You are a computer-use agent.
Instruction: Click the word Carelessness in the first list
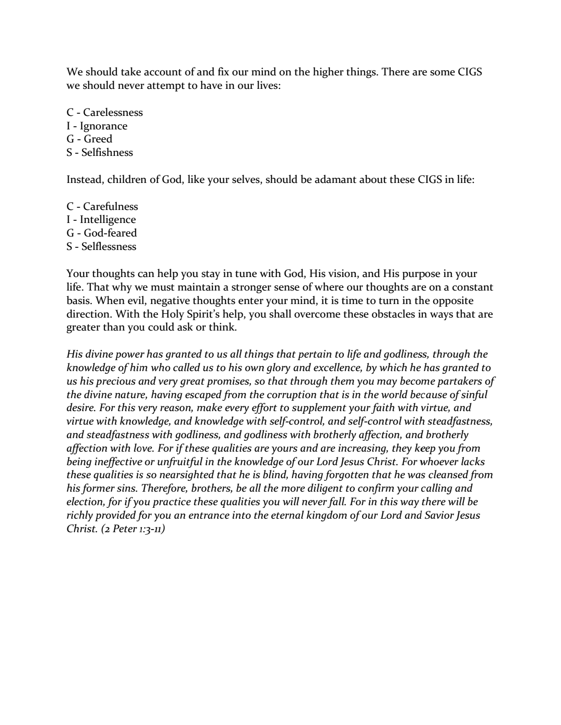(x=113, y=112)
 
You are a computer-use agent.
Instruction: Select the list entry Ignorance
(x=103, y=126)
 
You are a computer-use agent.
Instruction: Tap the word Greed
(x=98, y=139)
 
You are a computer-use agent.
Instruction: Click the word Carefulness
(x=111, y=206)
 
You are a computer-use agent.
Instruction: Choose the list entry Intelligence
(x=108, y=219)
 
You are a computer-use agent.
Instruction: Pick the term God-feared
(x=110, y=233)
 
